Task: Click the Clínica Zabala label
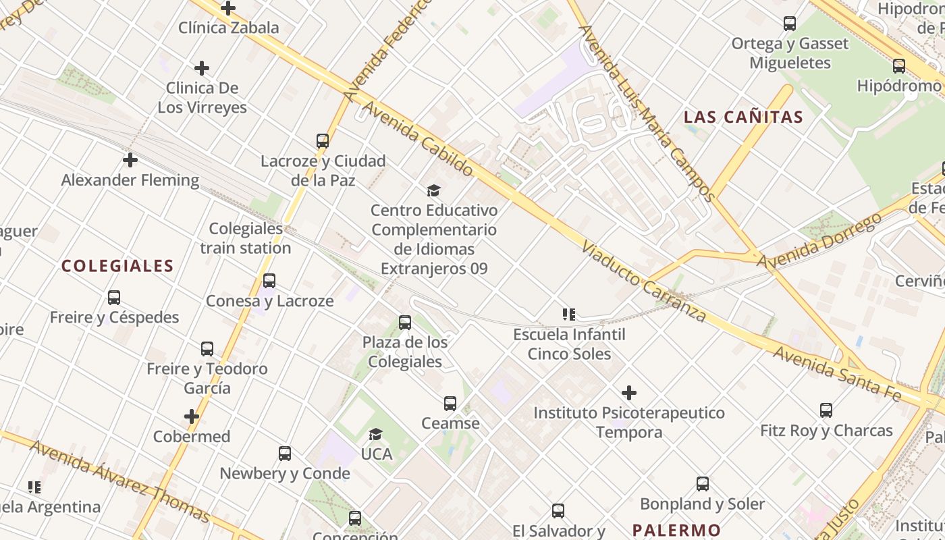tap(228, 28)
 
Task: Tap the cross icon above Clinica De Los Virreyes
tap(201, 68)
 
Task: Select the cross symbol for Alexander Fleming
tap(130, 160)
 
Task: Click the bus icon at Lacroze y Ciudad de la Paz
tap(323, 141)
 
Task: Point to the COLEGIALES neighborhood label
tap(117, 266)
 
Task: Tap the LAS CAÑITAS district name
tap(743, 117)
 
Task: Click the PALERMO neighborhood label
tap(677, 530)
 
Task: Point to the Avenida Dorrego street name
tap(819, 241)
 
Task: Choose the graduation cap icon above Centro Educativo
tap(433, 191)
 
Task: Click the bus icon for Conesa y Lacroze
tap(269, 281)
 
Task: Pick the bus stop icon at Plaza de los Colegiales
tap(405, 323)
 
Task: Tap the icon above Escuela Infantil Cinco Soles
tap(568, 315)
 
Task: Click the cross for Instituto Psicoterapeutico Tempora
tap(629, 393)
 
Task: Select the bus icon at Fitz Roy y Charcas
tap(826, 410)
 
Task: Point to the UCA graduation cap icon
tap(376, 434)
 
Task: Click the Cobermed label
tap(192, 436)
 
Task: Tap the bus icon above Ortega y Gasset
tap(790, 24)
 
